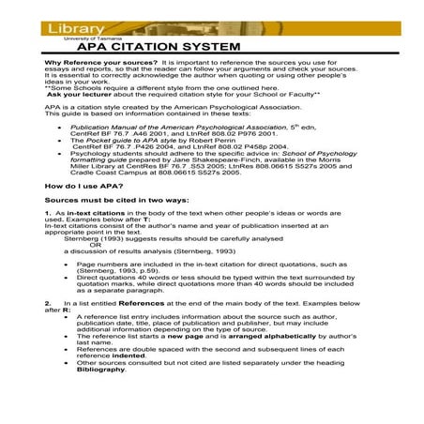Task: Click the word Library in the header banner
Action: [x=74, y=29]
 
